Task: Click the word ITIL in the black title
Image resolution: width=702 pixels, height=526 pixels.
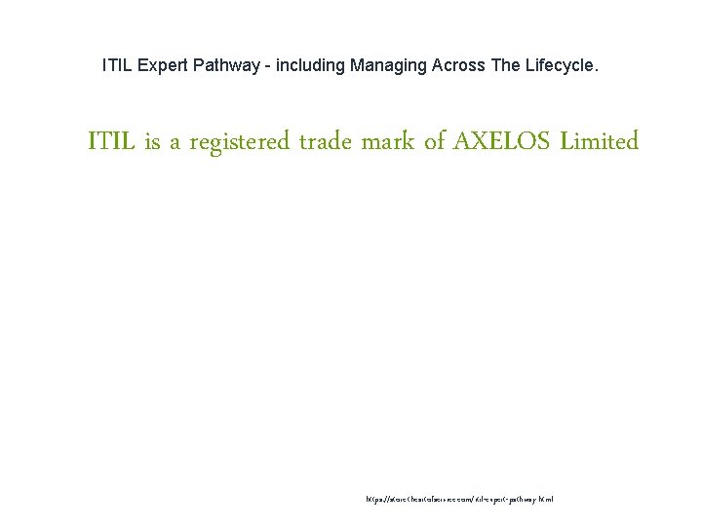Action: click(117, 66)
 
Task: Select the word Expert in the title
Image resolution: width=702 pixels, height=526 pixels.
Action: click(162, 66)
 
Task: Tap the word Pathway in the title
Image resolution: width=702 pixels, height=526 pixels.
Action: click(227, 66)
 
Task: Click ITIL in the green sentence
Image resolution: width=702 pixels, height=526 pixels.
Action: click(112, 142)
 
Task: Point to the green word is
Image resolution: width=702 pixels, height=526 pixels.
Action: click(152, 142)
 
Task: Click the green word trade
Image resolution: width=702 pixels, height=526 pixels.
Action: click(327, 142)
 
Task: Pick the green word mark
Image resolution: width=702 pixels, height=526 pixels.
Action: click(389, 142)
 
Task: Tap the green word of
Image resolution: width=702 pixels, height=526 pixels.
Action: click(435, 142)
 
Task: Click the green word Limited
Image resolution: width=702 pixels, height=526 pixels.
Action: click(600, 142)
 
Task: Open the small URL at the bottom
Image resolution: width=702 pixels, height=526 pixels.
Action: click(459, 499)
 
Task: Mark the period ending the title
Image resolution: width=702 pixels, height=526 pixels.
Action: click(598, 70)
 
